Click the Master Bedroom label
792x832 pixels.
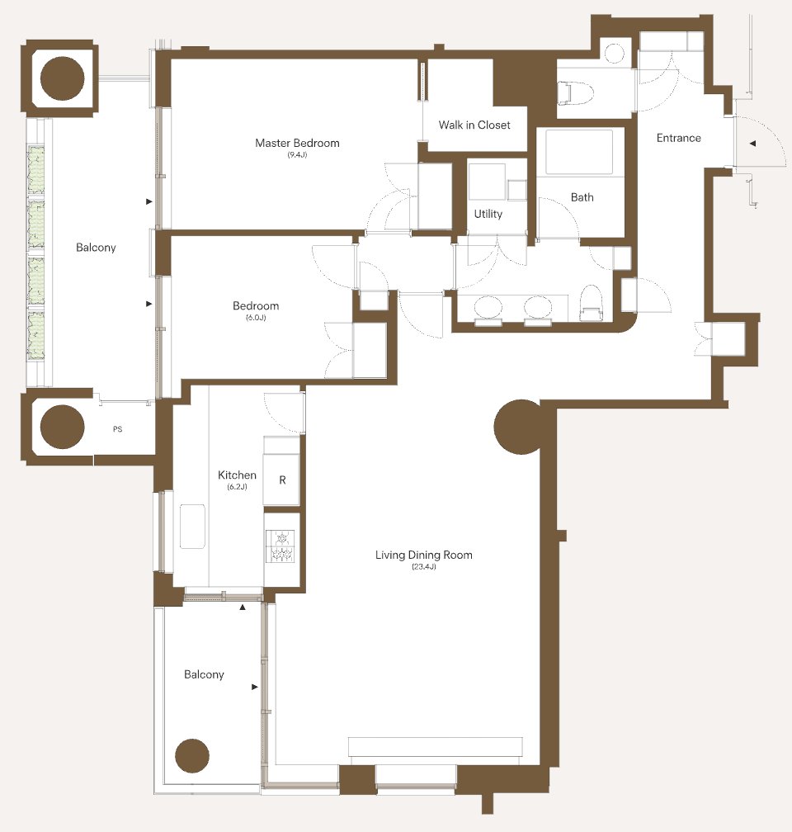click(x=297, y=143)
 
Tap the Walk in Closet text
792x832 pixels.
click(x=474, y=125)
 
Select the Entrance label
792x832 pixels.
click(x=678, y=138)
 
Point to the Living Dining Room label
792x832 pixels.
click(x=424, y=555)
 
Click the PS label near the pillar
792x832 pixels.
click(x=118, y=428)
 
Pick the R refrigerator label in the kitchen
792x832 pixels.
click(x=282, y=480)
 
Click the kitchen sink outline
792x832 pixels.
click(x=192, y=527)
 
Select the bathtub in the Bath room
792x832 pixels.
click(x=579, y=151)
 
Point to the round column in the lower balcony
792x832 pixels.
click(x=192, y=755)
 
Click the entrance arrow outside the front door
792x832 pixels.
click(x=752, y=144)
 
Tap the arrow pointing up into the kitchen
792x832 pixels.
click(x=243, y=607)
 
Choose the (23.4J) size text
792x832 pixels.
click(x=424, y=567)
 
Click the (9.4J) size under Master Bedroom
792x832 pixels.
click(x=297, y=155)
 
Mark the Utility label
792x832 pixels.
click(x=488, y=214)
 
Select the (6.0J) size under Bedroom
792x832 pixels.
click(x=256, y=318)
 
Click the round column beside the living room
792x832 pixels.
click(x=518, y=427)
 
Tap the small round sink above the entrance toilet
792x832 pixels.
click(x=616, y=53)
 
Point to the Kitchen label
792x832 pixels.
click(x=237, y=475)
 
